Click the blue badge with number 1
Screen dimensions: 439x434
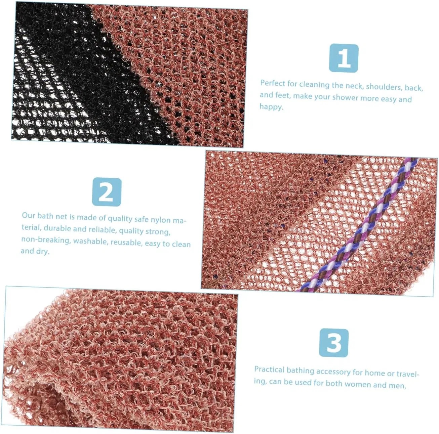344,58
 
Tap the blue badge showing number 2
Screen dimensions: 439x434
107,192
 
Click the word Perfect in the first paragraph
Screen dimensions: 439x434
273,83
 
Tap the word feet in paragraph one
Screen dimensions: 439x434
282,95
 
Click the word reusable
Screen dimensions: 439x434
126,243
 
